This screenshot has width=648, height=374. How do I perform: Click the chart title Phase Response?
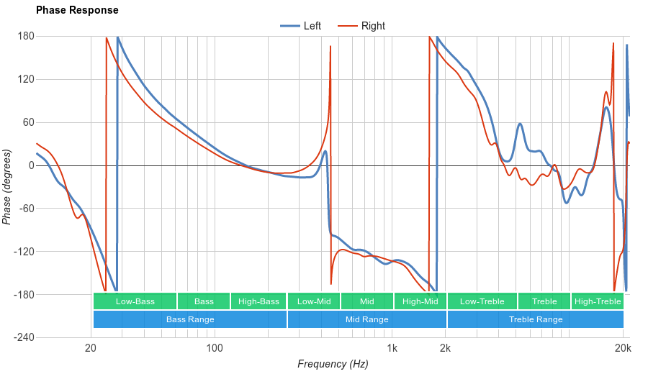coord(77,11)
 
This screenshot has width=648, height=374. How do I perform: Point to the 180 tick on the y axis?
coord(26,36)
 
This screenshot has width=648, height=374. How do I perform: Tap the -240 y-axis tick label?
coord(24,337)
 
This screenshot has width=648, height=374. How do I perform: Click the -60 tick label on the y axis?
coord(26,209)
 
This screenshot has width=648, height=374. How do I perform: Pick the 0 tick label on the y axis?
coord(31,165)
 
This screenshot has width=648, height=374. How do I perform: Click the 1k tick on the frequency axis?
coord(392,348)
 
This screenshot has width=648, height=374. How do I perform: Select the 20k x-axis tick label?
coord(624,348)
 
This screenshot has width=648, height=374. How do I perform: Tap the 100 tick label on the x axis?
coord(215,348)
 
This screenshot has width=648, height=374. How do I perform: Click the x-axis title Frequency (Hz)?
coord(333,364)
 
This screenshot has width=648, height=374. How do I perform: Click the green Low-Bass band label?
coord(135,301)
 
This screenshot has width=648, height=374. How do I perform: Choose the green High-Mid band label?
coord(420,301)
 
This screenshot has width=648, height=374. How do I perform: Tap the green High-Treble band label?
coord(598,301)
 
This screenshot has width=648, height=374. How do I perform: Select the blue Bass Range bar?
coord(190,319)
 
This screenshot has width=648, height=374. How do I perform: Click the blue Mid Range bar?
coord(367,319)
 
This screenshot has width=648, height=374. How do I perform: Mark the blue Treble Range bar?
coord(536,319)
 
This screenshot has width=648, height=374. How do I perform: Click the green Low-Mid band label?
coord(314,301)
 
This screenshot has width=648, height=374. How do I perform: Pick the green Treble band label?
coord(544,301)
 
